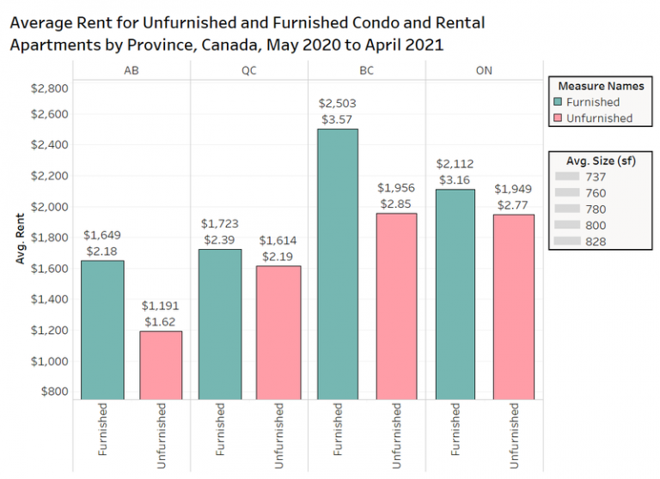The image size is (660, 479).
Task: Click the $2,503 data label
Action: (337, 104)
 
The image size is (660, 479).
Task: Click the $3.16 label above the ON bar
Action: (456, 179)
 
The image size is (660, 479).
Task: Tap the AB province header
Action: (131, 70)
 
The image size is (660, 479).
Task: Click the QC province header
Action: (249, 70)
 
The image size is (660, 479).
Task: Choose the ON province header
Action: (485, 70)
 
